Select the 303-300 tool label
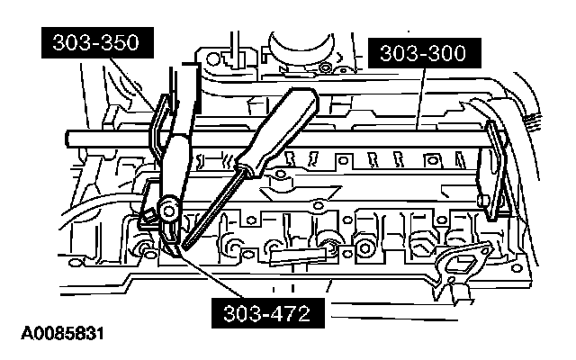pos(422,55)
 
